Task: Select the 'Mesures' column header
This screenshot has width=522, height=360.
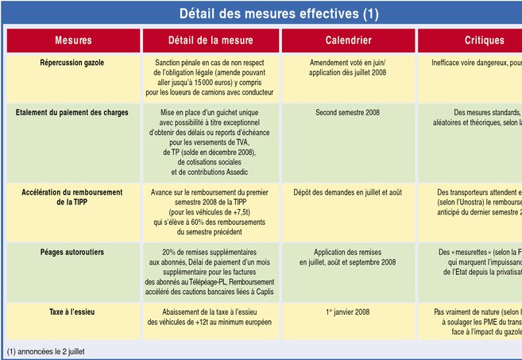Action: pos(73,41)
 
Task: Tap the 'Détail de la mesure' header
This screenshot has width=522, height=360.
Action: pos(210,41)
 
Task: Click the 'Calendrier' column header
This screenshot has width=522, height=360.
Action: pos(348,41)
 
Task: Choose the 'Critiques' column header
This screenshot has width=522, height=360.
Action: pos(484,41)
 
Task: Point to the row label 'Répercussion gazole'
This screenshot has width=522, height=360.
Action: pos(73,62)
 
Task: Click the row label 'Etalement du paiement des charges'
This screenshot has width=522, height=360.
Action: pos(73,113)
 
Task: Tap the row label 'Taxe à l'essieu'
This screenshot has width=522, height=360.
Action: pos(73,290)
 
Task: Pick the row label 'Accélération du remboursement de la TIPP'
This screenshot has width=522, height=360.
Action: pos(73,197)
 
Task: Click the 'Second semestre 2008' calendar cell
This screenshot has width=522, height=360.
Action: pos(347,113)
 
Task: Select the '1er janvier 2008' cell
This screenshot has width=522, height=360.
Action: pos(347,290)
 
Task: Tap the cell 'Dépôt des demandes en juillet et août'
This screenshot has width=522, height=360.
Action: pos(348,192)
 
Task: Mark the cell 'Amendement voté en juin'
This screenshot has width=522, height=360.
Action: pos(348,62)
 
